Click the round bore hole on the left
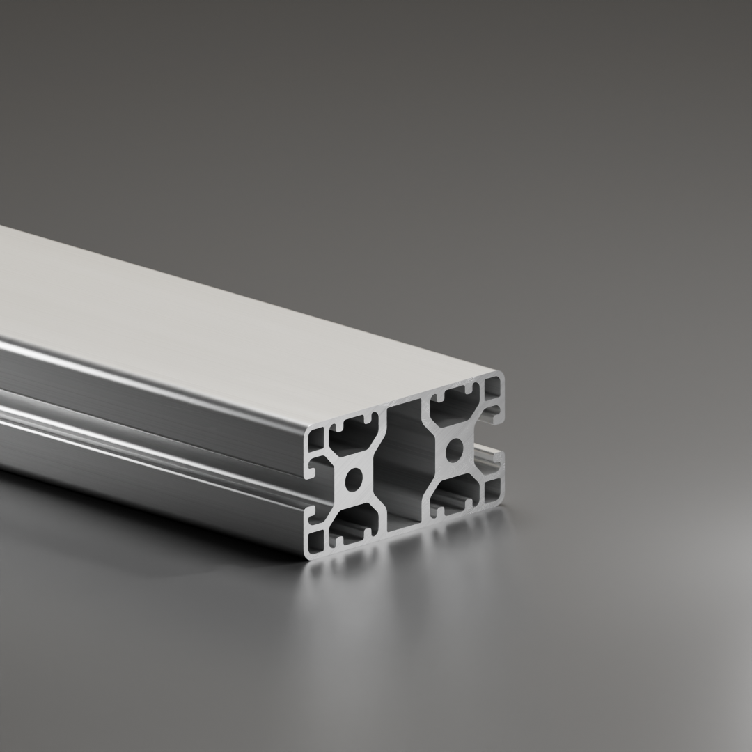click(x=354, y=479)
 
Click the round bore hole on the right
click(x=454, y=449)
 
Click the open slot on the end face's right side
click(x=492, y=439)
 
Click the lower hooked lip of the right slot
click(x=496, y=456)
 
